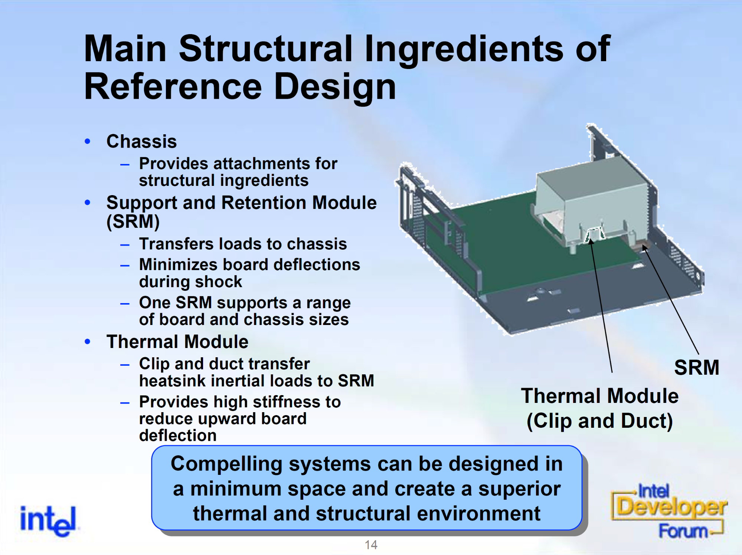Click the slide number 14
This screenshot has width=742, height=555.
(371, 545)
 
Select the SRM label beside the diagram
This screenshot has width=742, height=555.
(696, 368)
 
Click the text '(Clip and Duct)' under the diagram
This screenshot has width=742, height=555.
(599, 421)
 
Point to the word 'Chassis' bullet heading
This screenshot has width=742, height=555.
(141, 141)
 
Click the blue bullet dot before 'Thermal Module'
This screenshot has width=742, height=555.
(88, 342)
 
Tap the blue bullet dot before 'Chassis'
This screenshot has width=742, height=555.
(88, 141)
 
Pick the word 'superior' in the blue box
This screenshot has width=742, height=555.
(519, 489)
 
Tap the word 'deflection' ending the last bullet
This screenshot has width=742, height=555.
(178, 436)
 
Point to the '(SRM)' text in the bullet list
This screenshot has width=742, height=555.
(133, 222)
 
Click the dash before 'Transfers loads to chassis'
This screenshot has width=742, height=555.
(125, 245)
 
